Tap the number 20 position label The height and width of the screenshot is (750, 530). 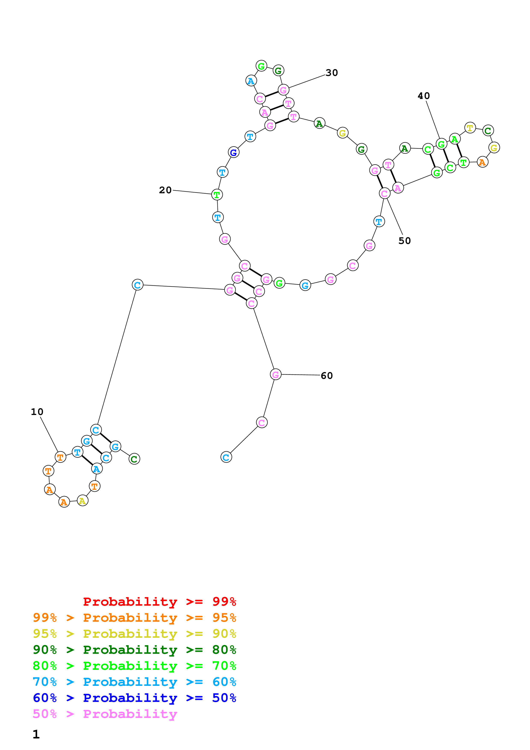(165, 190)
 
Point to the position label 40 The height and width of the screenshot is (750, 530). (424, 96)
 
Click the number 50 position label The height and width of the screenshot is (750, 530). (404, 241)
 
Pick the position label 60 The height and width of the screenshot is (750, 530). (326, 375)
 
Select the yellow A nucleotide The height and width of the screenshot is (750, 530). (82, 500)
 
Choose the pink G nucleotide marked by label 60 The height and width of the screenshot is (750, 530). (276, 374)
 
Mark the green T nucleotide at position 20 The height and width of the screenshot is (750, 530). (217, 195)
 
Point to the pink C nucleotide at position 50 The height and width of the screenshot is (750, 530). (384, 193)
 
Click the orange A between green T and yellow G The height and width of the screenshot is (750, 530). (482, 162)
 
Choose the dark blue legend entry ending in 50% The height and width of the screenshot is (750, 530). (134, 698)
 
